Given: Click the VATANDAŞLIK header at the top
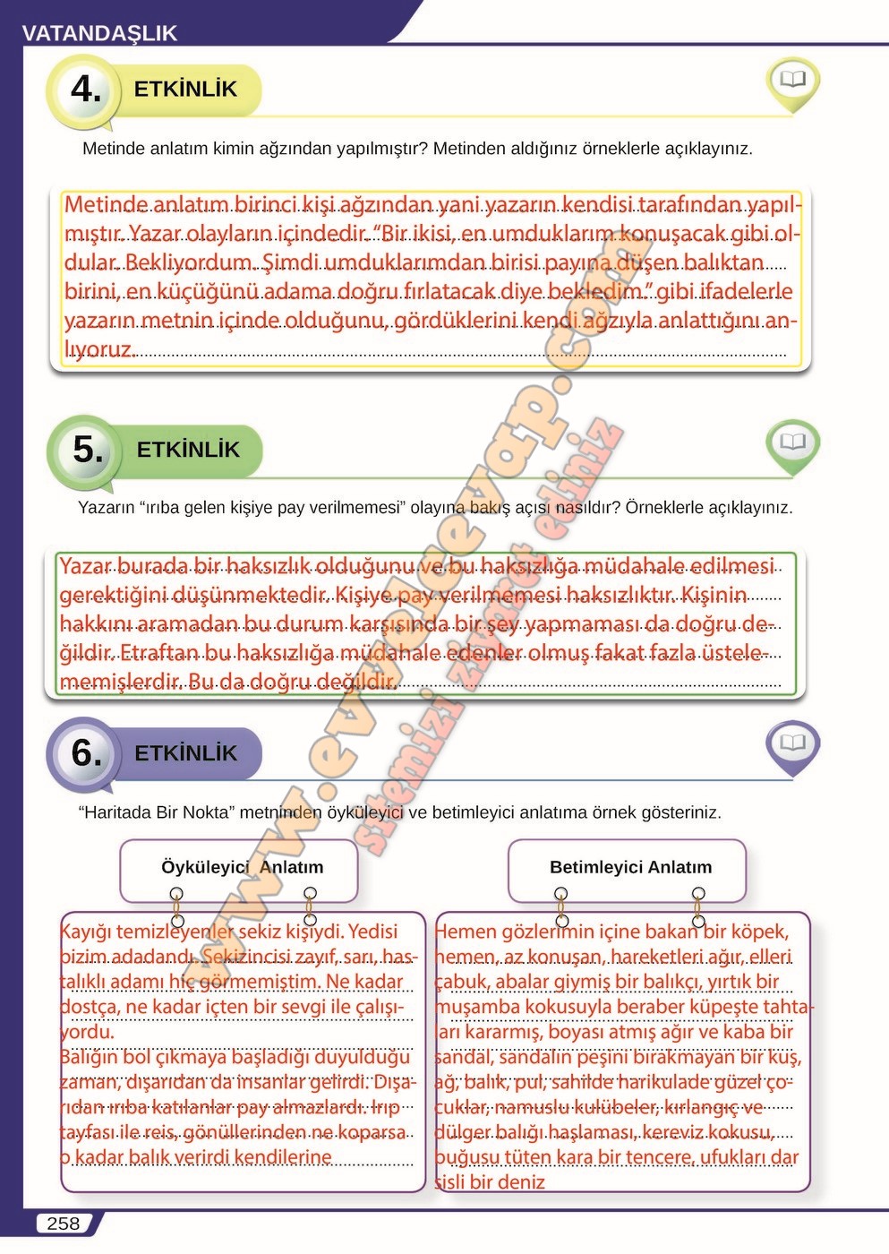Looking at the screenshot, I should (x=99, y=33).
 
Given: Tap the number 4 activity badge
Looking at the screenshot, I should (x=86, y=89).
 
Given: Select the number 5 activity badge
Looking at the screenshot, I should (x=87, y=449).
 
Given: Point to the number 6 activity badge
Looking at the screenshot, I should (x=86, y=752).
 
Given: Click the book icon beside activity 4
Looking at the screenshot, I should (x=792, y=81).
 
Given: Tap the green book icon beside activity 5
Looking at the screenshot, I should (x=792, y=442).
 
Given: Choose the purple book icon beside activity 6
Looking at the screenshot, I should (x=792, y=743).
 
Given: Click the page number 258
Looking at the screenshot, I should (x=63, y=1224).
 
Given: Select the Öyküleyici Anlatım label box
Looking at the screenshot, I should (x=242, y=867).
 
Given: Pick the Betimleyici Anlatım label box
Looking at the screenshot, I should (x=630, y=867).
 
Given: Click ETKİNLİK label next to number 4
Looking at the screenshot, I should (x=185, y=89).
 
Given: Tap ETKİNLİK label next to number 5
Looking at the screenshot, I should (x=188, y=449).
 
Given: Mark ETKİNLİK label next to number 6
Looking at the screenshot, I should (x=185, y=753).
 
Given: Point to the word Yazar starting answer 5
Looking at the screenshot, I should (x=85, y=567).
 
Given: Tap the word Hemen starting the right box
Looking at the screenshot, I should (x=465, y=932).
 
